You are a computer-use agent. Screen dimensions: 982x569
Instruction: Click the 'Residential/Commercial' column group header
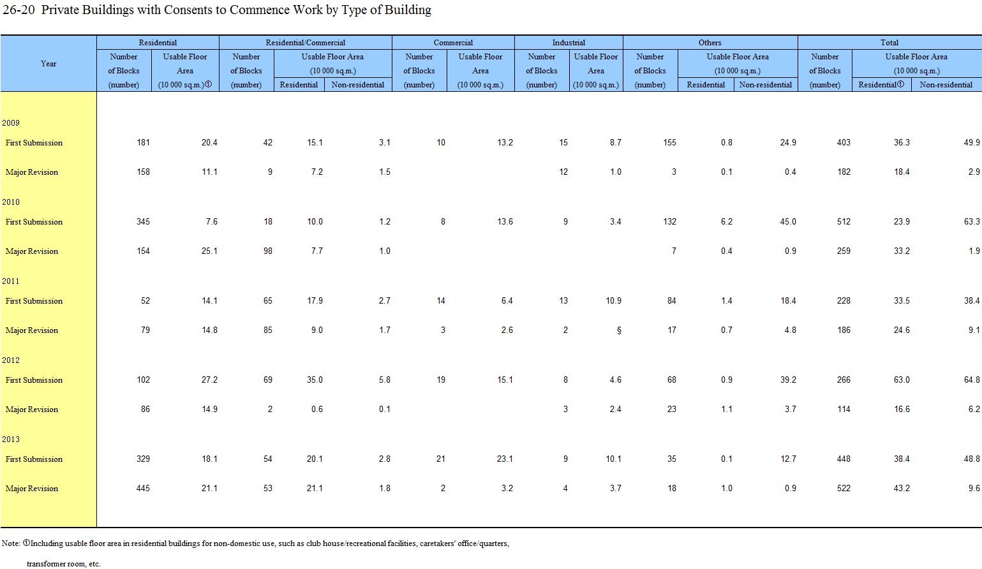pyautogui.click(x=305, y=43)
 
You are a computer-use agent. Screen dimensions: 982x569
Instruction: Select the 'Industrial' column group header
pyautogui.click(x=569, y=43)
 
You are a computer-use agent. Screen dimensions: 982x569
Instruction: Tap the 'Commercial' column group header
pyautogui.click(x=453, y=43)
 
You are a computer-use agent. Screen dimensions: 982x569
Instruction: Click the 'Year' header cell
pyautogui.click(x=48, y=64)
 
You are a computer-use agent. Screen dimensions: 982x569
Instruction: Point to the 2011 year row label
pyautogui.click(x=10, y=281)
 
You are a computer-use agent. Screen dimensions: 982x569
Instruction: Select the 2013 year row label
pyautogui.click(x=10, y=440)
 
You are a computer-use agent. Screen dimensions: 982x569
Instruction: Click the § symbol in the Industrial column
pyautogui.click(x=619, y=330)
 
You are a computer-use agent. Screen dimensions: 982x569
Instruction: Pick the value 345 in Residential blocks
pyautogui.click(x=143, y=222)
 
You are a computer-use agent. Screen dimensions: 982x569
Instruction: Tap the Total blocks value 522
pyautogui.click(x=844, y=489)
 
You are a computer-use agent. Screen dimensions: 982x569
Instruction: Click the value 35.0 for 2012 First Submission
pyautogui.click(x=315, y=380)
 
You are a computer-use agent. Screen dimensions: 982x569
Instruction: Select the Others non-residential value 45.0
pyautogui.click(x=788, y=222)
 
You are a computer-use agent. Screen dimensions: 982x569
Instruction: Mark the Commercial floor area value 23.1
pyautogui.click(x=505, y=459)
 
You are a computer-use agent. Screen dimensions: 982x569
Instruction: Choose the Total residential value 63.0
pyautogui.click(x=902, y=380)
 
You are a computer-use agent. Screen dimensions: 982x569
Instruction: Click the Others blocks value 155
pyautogui.click(x=669, y=142)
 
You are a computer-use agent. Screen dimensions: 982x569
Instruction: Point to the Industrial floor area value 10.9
pyautogui.click(x=613, y=300)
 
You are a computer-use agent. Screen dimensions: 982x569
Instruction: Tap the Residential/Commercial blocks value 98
pyautogui.click(x=267, y=251)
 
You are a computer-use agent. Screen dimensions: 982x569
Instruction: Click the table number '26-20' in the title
pyautogui.click(x=19, y=10)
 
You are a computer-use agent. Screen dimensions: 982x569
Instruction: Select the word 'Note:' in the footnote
pyautogui.click(x=11, y=543)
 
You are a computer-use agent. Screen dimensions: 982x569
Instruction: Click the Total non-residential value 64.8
pyautogui.click(x=972, y=380)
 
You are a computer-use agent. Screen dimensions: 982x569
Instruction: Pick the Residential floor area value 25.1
pyautogui.click(x=209, y=251)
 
